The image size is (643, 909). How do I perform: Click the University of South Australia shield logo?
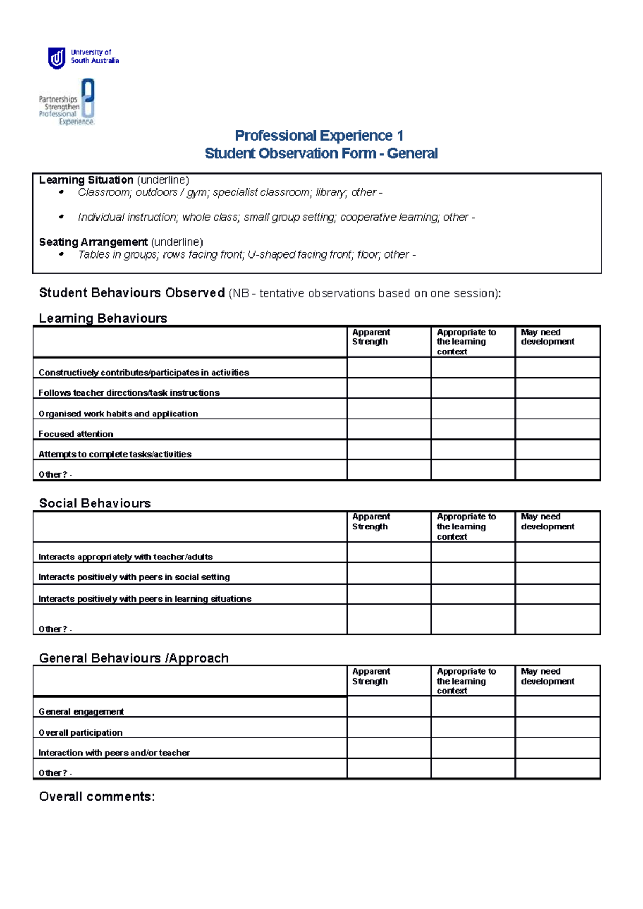click(x=57, y=58)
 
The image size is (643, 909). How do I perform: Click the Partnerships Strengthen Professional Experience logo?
click(x=67, y=102)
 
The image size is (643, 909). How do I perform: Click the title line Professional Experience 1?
click(x=319, y=135)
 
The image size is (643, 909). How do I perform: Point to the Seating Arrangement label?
click(x=93, y=242)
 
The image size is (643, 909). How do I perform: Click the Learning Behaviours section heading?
click(x=103, y=319)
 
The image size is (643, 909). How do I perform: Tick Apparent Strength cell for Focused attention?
click(x=389, y=429)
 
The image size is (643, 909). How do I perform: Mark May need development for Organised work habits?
click(x=557, y=409)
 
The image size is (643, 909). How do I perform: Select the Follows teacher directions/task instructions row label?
click(x=129, y=393)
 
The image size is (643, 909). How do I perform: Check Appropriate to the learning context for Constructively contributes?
click(x=473, y=368)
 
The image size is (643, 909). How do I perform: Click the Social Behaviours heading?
click(x=95, y=503)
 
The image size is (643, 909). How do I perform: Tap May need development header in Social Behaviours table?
click(x=547, y=521)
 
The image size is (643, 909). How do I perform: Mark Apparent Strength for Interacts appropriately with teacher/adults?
click(x=389, y=552)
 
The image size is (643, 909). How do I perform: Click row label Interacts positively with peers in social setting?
click(x=134, y=577)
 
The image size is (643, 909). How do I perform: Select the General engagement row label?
click(x=81, y=711)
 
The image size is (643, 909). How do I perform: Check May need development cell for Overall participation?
click(x=557, y=728)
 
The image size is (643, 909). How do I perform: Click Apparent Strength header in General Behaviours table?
click(x=371, y=676)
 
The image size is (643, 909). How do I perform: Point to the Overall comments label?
click(x=96, y=797)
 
